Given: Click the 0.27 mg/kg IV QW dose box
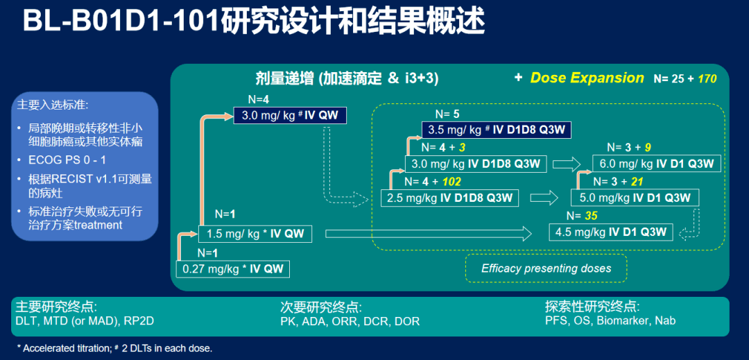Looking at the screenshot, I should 233,268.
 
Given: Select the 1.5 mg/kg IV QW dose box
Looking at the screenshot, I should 255,234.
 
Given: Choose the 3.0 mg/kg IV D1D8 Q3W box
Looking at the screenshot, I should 476,164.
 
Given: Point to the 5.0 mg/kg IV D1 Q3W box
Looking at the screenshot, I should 635,198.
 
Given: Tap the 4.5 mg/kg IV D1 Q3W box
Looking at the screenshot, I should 611,232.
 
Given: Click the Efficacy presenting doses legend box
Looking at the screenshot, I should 546,268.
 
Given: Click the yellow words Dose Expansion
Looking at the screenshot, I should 587,78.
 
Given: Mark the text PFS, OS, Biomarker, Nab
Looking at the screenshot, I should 610,320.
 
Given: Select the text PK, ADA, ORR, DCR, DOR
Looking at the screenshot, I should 350,321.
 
